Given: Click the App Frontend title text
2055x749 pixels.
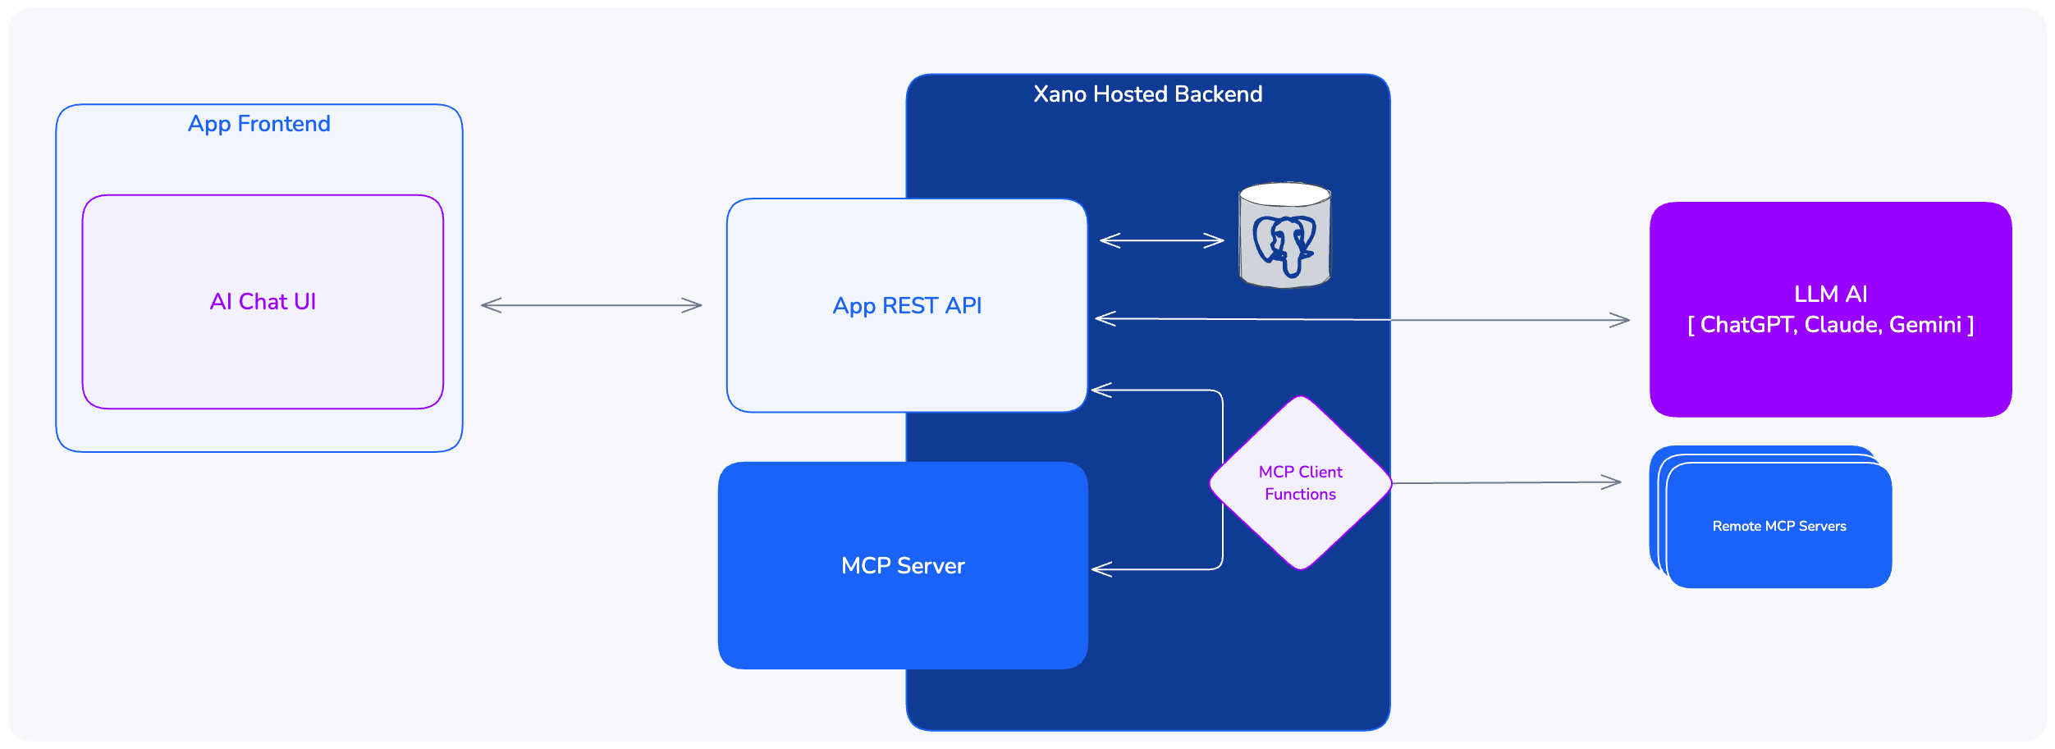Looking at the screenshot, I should point(259,124).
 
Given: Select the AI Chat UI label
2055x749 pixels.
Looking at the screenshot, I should point(263,302).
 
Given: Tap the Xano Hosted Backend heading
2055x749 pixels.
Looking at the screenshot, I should point(1147,94).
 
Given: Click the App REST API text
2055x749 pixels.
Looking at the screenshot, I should point(907,306).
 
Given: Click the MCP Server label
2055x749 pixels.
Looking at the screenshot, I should point(903,566).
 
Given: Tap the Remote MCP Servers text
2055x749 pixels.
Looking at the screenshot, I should point(1779,527).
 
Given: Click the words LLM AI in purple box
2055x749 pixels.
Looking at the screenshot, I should point(1830,295).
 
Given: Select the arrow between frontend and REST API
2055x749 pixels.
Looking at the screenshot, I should point(591,306).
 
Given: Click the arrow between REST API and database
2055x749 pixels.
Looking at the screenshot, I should point(1161,240).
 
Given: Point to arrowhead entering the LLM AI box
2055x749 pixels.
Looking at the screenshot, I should point(1621,321).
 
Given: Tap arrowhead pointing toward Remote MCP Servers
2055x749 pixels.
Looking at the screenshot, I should point(1613,482).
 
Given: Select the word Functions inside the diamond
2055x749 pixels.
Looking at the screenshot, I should point(1300,495).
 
